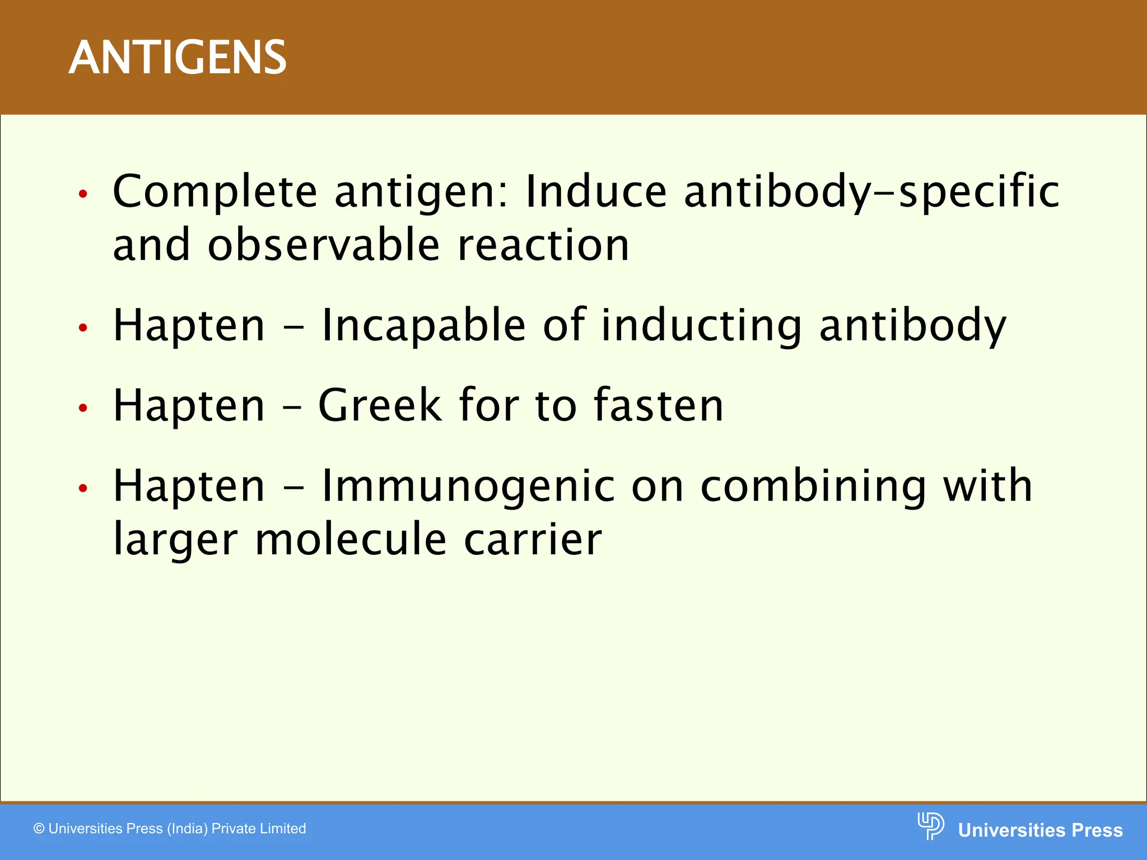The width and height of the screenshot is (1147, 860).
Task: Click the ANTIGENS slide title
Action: (x=178, y=58)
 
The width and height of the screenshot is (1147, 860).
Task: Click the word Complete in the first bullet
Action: (x=215, y=192)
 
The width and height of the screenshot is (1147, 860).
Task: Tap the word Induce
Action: (x=596, y=191)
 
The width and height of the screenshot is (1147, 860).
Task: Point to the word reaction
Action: (x=543, y=246)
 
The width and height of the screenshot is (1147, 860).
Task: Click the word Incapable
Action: (x=423, y=326)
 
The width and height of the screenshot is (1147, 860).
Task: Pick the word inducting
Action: (x=701, y=326)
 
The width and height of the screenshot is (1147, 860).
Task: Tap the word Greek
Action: (x=380, y=405)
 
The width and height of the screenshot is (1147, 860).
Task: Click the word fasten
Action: (x=658, y=405)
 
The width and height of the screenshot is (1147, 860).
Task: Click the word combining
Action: (x=813, y=486)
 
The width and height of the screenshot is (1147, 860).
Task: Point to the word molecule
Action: (x=351, y=540)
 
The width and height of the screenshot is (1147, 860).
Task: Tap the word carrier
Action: (x=533, y=540)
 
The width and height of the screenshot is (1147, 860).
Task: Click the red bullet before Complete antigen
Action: (x=83, y=194)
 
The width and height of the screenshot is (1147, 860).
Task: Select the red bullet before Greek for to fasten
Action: (x=83, y=408)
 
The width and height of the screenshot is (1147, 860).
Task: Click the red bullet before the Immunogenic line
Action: (x=83, y=488)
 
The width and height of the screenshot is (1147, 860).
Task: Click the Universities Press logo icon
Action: (x=930, y=826)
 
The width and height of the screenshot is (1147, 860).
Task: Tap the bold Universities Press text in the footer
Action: (x=1040, y=830)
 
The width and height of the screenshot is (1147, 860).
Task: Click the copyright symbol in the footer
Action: (x=39, y=829)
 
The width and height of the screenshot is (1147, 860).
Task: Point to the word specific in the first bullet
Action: (x=979, y=192)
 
